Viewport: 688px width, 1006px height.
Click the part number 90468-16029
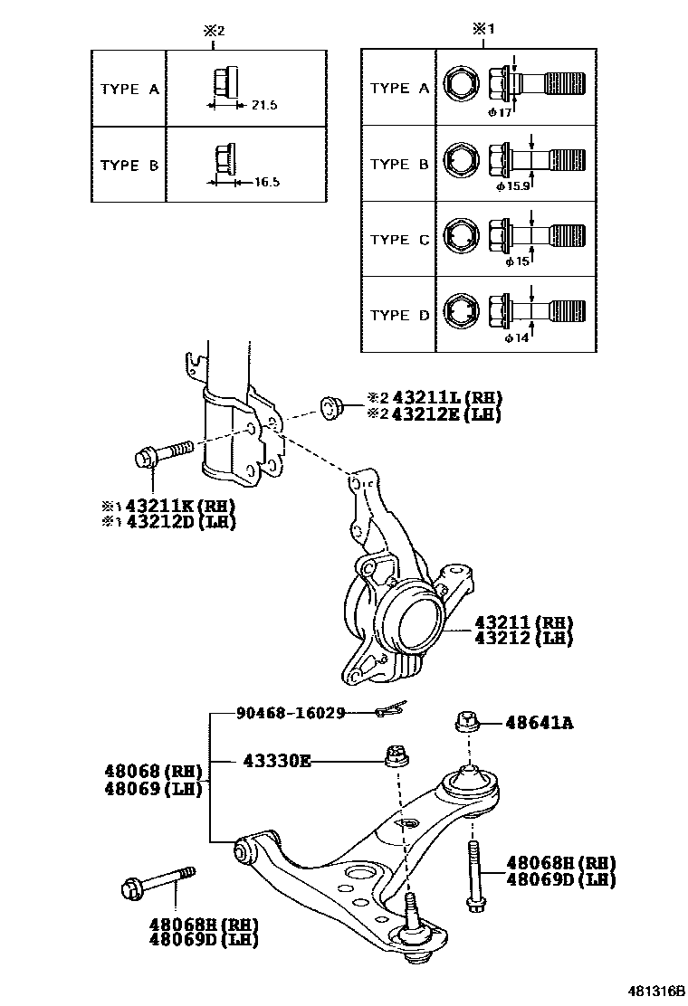(291, 713)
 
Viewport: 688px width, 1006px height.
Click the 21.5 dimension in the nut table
(263, 106)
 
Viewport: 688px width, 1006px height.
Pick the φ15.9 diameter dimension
(512, 185)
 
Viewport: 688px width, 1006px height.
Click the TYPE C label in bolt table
(400, 240)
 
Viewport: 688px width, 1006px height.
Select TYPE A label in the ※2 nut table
(130, 90)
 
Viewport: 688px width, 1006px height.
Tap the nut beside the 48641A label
(464, 722)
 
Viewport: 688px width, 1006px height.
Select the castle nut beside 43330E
(394, 754)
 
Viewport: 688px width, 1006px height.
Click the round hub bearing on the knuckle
(413, 623)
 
